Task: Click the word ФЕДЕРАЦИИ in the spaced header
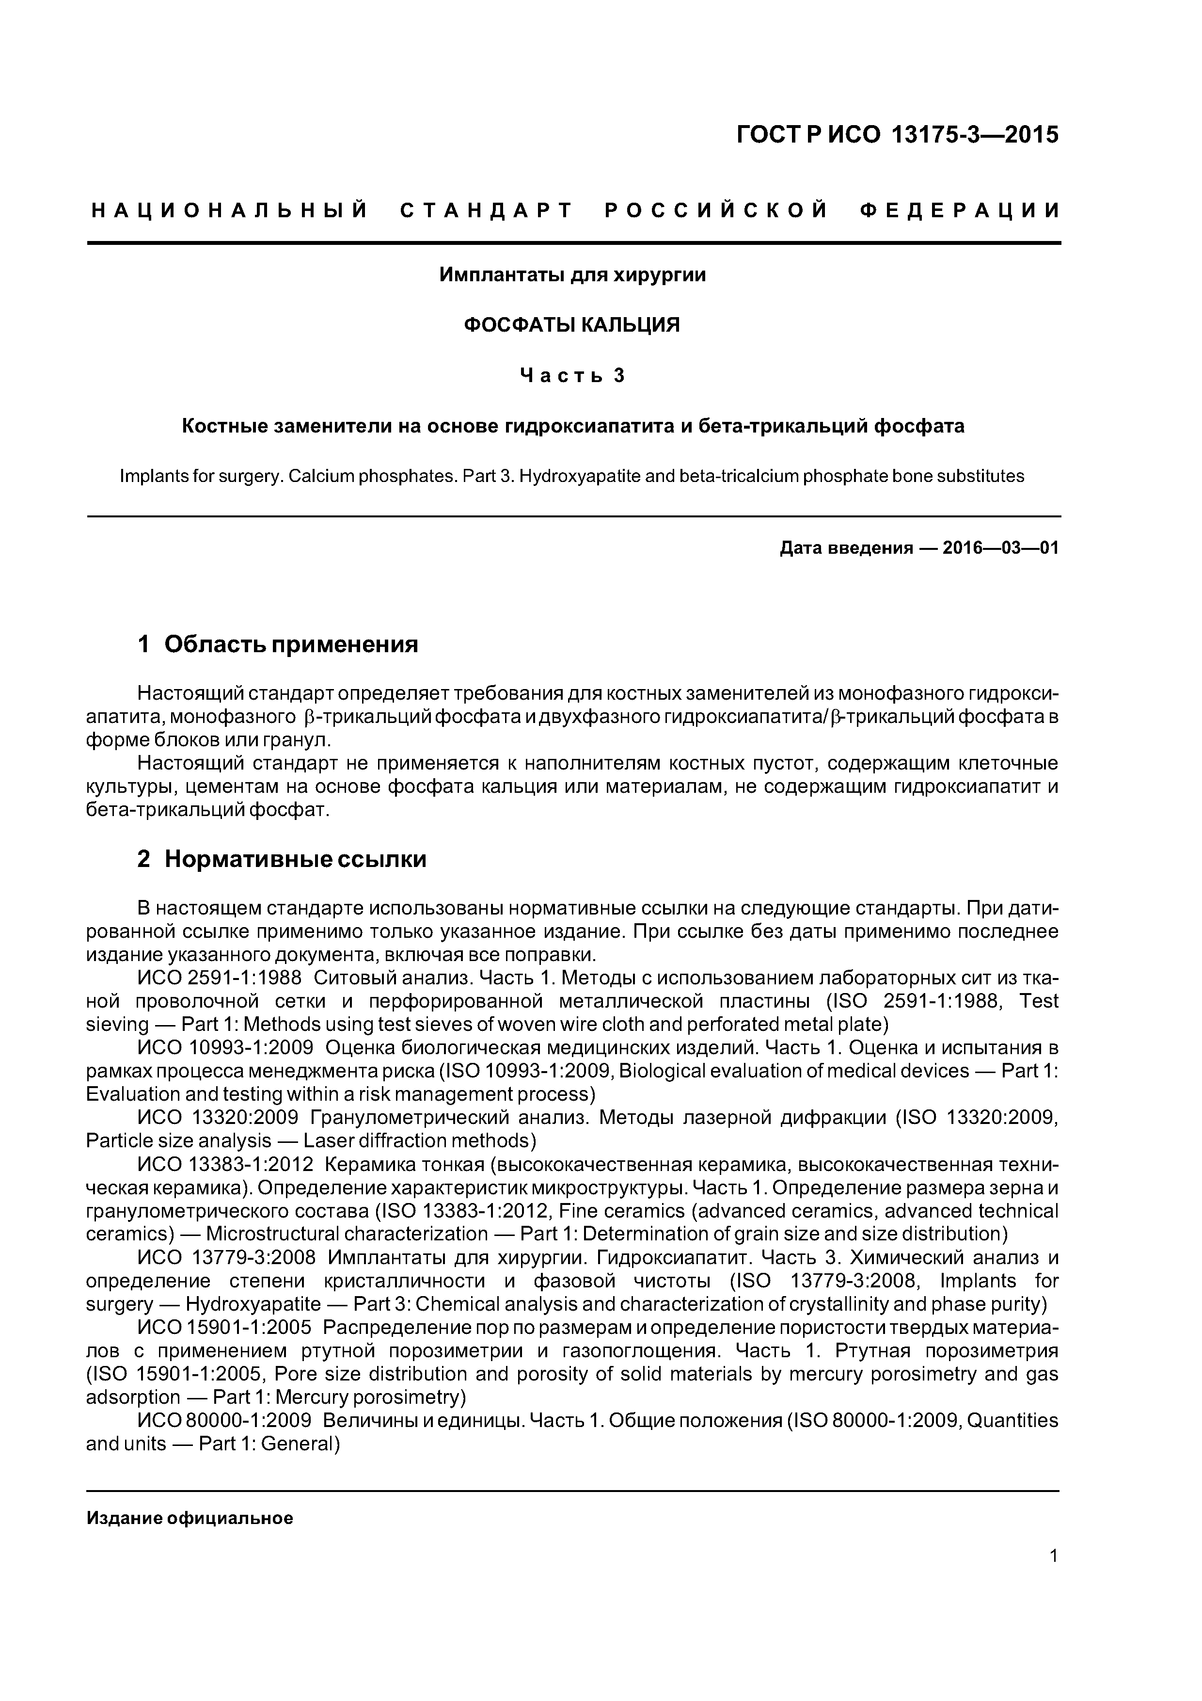[960, 211]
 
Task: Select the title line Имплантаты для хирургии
[572, 275]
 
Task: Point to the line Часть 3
[572, 376]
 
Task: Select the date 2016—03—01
[1000, 548]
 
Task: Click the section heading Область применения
[291, 644]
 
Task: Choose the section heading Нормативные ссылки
[296, 859]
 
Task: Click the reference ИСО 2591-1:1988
[219, 978]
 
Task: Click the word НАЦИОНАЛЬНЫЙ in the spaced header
[230, 211]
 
